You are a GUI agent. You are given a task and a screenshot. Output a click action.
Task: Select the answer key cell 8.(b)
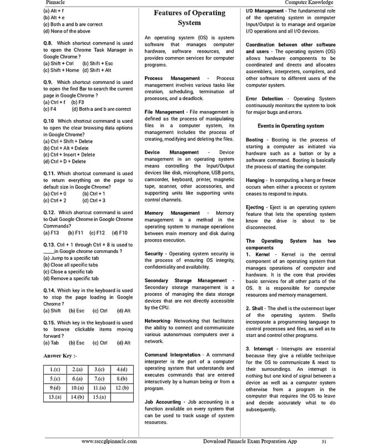point(122,379)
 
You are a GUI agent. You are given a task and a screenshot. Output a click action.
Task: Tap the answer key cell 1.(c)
point(55,369)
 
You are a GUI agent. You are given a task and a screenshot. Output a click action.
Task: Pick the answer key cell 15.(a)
point(100,397)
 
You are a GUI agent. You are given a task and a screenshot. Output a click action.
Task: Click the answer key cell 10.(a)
point(78,387)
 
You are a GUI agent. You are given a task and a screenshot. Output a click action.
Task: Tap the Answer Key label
point(60,355)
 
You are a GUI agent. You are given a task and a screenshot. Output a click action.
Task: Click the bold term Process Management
point(171,78)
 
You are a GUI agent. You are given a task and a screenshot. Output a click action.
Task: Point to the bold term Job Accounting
point(163,401)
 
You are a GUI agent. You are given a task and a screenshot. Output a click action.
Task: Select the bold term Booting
point(255,140)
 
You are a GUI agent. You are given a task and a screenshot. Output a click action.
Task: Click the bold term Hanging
point(255,180)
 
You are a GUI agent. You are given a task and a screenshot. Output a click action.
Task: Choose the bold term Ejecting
point(255,208)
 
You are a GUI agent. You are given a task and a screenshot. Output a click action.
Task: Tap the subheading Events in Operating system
point(291,126)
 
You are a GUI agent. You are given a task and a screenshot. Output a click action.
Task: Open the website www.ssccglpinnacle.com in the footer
point(109,440)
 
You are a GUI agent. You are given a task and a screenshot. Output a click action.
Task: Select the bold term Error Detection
point(264,99)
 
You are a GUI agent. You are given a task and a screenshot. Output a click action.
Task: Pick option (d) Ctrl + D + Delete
point(64,162)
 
